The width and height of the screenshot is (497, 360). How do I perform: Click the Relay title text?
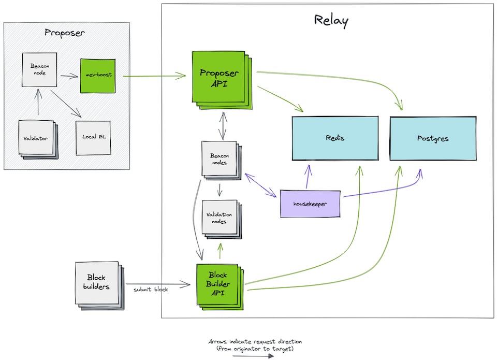pyautogui.click(x=331, y=21)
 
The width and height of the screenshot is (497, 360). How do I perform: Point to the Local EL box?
pyautogui.click(x=93, y=137)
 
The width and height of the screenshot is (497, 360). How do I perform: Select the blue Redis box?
pyautogui.click(x=335, y=138)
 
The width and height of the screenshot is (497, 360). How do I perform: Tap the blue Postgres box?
pyautogui.click(x=432, y=138)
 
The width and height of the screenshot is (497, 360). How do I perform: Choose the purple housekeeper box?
pyautogui.click(x=311, y=204)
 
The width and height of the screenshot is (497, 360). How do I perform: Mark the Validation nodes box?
pyautogui.click(x=219, y=218)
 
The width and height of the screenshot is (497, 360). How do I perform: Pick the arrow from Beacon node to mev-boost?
pyautogui.click(x=68, y=76)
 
